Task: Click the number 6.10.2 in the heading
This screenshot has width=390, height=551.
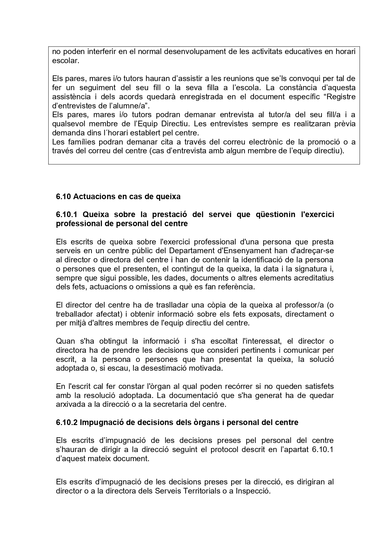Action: [x=67, y=422]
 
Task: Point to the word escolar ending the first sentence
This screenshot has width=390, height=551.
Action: [x=65, y=61]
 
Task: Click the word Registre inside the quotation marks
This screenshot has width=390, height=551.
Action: [x=341, y=97]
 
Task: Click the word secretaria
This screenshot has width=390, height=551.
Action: [x=170, y=404]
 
